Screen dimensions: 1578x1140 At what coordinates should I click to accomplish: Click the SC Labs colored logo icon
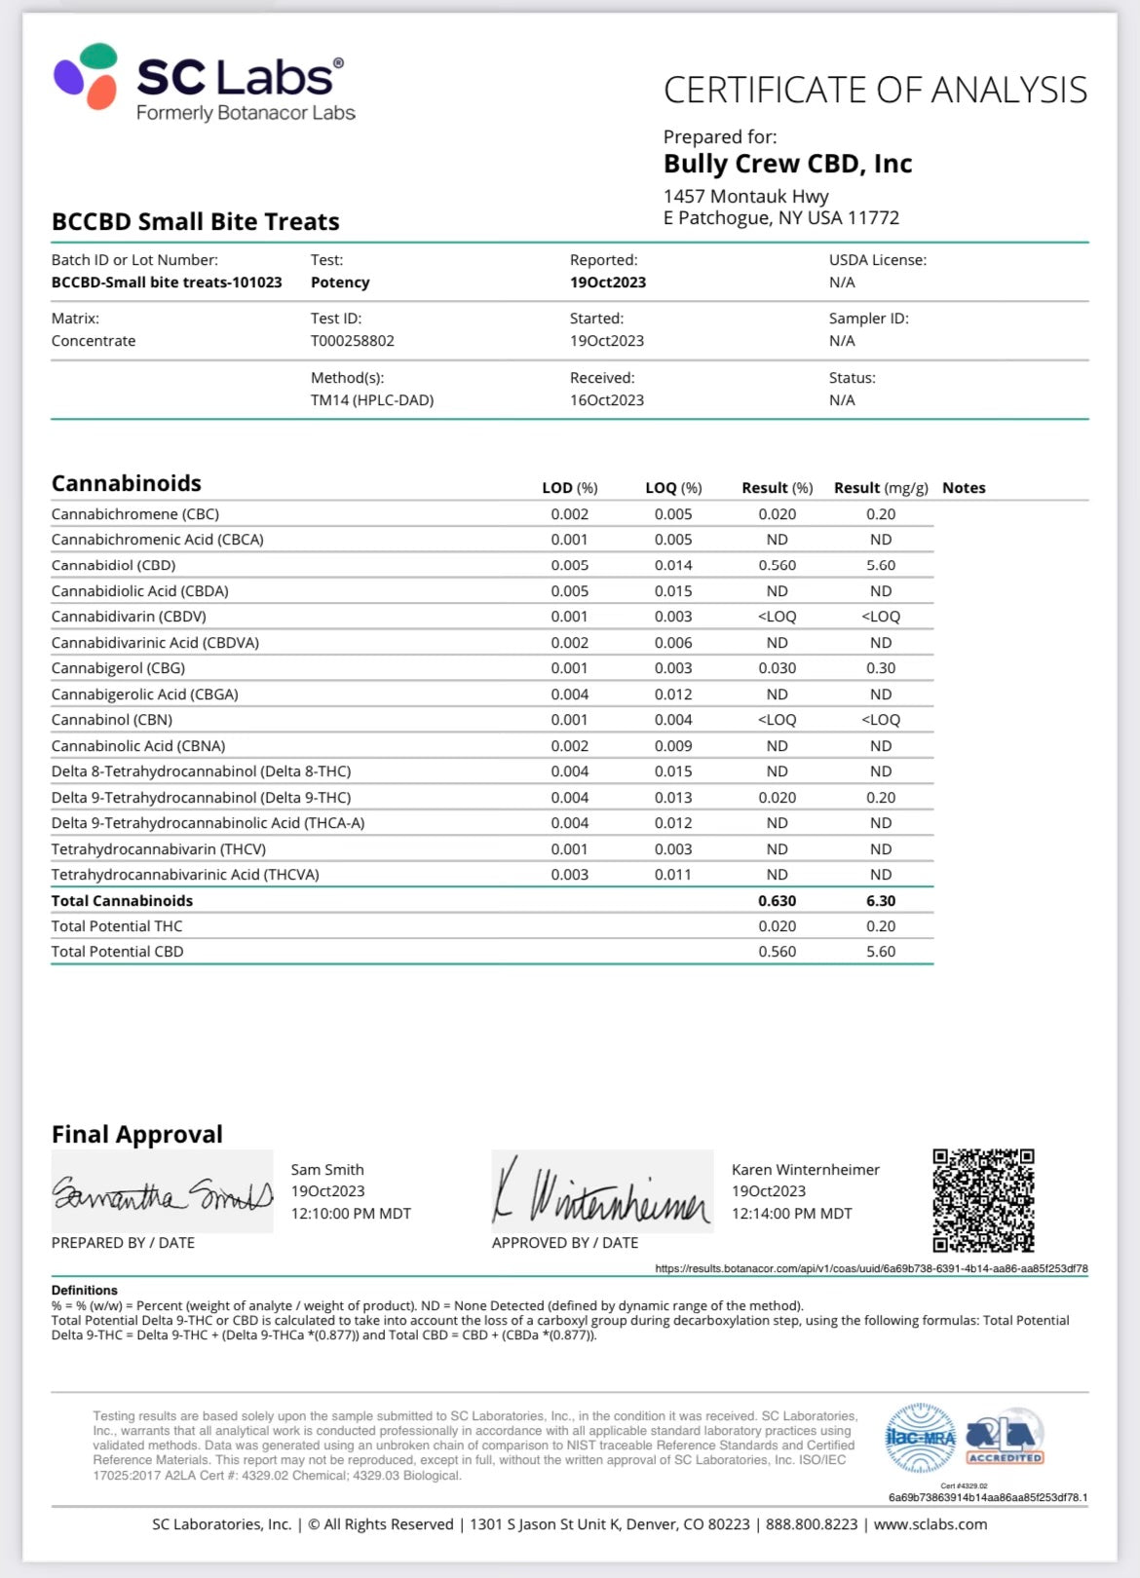tap(86, 76)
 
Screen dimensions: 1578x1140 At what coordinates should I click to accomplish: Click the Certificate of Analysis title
tap(875, 91)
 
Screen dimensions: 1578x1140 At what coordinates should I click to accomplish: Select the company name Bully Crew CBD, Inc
tap(787, 164)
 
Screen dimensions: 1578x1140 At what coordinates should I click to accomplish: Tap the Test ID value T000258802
tap(352, 341)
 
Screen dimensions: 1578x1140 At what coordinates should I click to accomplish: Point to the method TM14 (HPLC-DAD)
tap(372, 400)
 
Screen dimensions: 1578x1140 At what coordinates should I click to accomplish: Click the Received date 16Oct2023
tap(606, 400)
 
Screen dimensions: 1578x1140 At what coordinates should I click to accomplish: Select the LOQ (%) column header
tap(673, 488)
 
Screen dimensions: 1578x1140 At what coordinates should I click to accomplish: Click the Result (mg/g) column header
tap(880, 488)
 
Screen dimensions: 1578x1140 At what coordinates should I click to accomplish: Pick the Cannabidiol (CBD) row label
tap(113, 565)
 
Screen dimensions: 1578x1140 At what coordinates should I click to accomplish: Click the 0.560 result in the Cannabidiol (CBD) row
tap(777, 565)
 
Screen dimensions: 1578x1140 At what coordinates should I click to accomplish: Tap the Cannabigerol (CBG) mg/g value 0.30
tap(880, 668)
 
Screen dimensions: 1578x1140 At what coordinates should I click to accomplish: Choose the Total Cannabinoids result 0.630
tap(777, 901)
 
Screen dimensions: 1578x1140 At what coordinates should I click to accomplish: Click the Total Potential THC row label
tap(117, 926)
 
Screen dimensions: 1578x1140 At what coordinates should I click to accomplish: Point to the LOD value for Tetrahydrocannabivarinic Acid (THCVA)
tap(569, 875)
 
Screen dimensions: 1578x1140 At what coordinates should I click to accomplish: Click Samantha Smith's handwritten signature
tap(162, 1193)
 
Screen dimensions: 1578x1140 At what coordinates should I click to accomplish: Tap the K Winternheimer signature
tap(602, 1190)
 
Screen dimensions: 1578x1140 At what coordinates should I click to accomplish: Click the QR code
tap(982, 1200)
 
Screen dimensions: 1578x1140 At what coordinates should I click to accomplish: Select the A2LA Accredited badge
tap(1004, 1439)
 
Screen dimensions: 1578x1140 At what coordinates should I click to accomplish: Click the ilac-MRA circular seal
tap(920, 1438)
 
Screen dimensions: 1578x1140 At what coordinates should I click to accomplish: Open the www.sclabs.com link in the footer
tap(930, 1524)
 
